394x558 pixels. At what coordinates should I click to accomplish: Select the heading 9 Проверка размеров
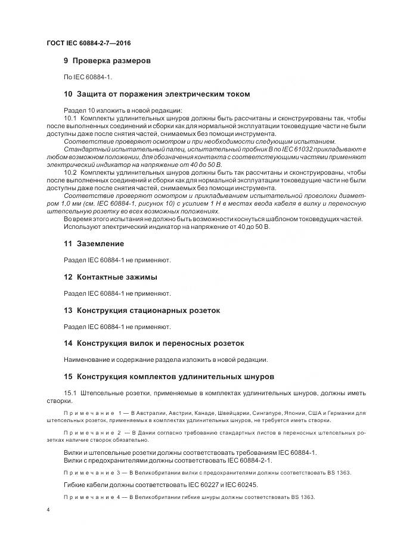click(x=107, y=61)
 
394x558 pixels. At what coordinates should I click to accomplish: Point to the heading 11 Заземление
click(x=94, y=244)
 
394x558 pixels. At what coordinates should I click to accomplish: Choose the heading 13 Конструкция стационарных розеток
click(x=142, y=311)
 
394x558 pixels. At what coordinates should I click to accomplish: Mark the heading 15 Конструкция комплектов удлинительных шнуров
click(x=169, y=377)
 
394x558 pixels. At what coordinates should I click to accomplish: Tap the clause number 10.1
click(x=70, y=118)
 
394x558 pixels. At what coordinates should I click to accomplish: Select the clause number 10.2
click(x=70, y=172)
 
